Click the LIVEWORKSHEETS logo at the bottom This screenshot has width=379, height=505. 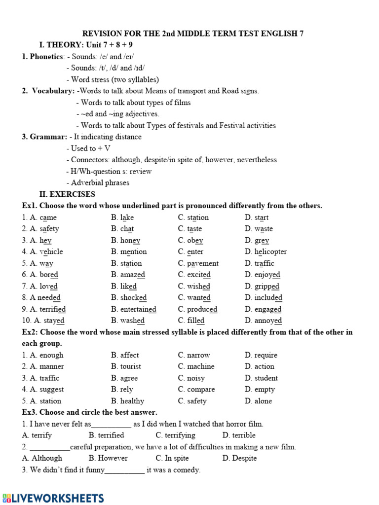pyautogui.click(x=53, y=498)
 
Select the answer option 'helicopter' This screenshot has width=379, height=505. pyautogui.click(x=270, y=252)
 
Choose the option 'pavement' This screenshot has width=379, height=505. pyautogui.click(x=203, y=263)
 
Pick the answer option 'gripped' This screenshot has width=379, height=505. pyautogui.click(x=267, y=286)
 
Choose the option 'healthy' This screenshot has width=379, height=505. pyautogui.click(x=132, y=401)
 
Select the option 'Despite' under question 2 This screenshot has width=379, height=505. pyautogui.click(x=244, y=458)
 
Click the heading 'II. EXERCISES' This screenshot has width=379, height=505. pyautogui.click(x=67, y=194)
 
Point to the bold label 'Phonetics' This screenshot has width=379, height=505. pyautogui.click(x=46, y=57)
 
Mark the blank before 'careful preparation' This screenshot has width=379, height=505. pyautogui.click(x=50, y=447)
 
